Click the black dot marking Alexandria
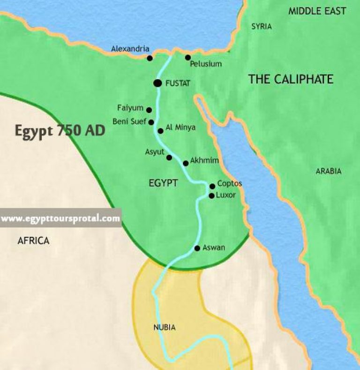coord(150,58)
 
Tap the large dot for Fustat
coord(157,83)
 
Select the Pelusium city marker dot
coord(188,58)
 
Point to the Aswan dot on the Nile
coord(197,248)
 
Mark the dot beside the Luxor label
coord(211,196)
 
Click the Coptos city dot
coord(212,186)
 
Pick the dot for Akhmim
coord(186,163)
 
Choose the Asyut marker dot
coord(169,158)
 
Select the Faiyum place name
coord(130,108)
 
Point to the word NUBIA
coord(165,327)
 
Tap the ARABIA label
coord(328,171)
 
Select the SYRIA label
coord(261,26)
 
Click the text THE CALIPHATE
coord(291,79)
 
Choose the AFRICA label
coord(33,241)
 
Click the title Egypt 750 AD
coord(60,130)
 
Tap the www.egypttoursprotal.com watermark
coord(60,219)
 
